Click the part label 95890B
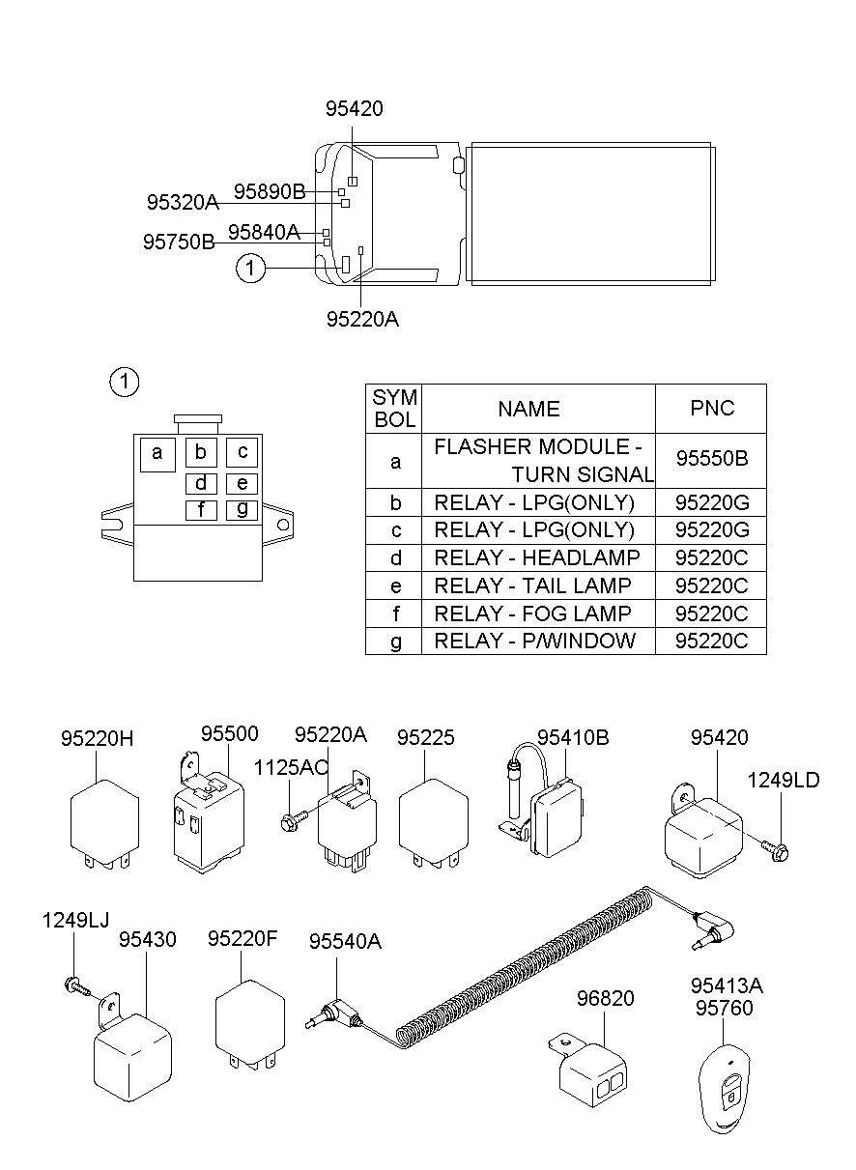(x=270, y=191)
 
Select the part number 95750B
(x=179, y=242)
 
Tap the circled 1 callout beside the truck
(x=250, y=268)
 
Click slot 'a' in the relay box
(x=157, y=455)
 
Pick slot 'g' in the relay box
(x=242, y=510)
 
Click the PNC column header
(x=711, y=409)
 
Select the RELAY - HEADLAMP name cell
(x=538, y=557)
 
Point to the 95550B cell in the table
(x=711, y=460)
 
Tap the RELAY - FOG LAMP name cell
(x=538, y=614)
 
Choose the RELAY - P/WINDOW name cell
(x=538, y=641)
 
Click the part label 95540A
(x=345, y=941)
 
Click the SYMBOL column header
(x=394, y=409)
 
